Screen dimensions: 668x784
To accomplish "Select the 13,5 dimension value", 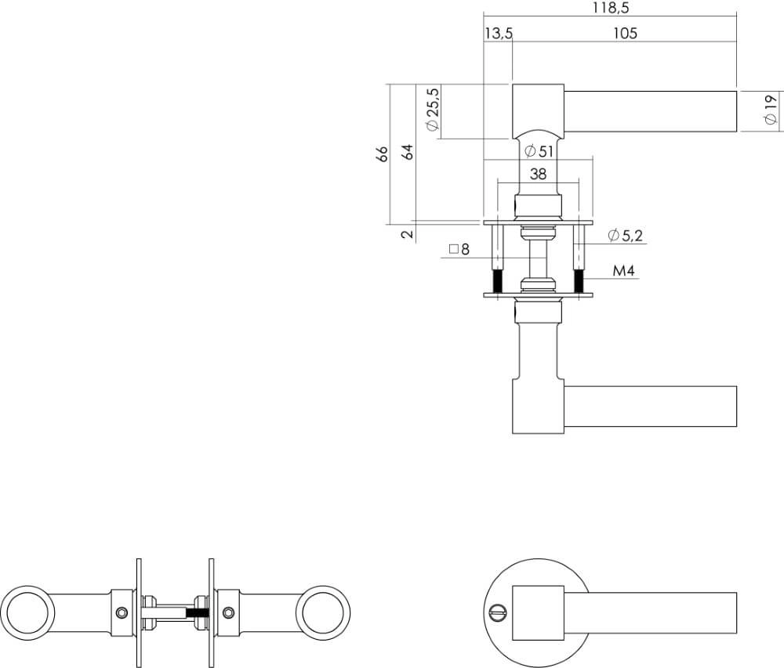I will click(x=499, y=33).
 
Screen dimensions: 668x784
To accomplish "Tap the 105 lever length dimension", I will click(x=625, y=33).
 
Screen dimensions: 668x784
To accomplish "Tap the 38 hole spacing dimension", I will click(x=538, y=175).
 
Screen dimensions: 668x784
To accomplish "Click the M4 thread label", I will click(x=623, y=272).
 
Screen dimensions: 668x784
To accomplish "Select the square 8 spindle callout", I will click(x=459, y=250).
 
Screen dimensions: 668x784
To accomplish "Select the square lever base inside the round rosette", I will click(x=537, y=612).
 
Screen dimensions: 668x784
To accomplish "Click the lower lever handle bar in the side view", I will click(x=651, y=406).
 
